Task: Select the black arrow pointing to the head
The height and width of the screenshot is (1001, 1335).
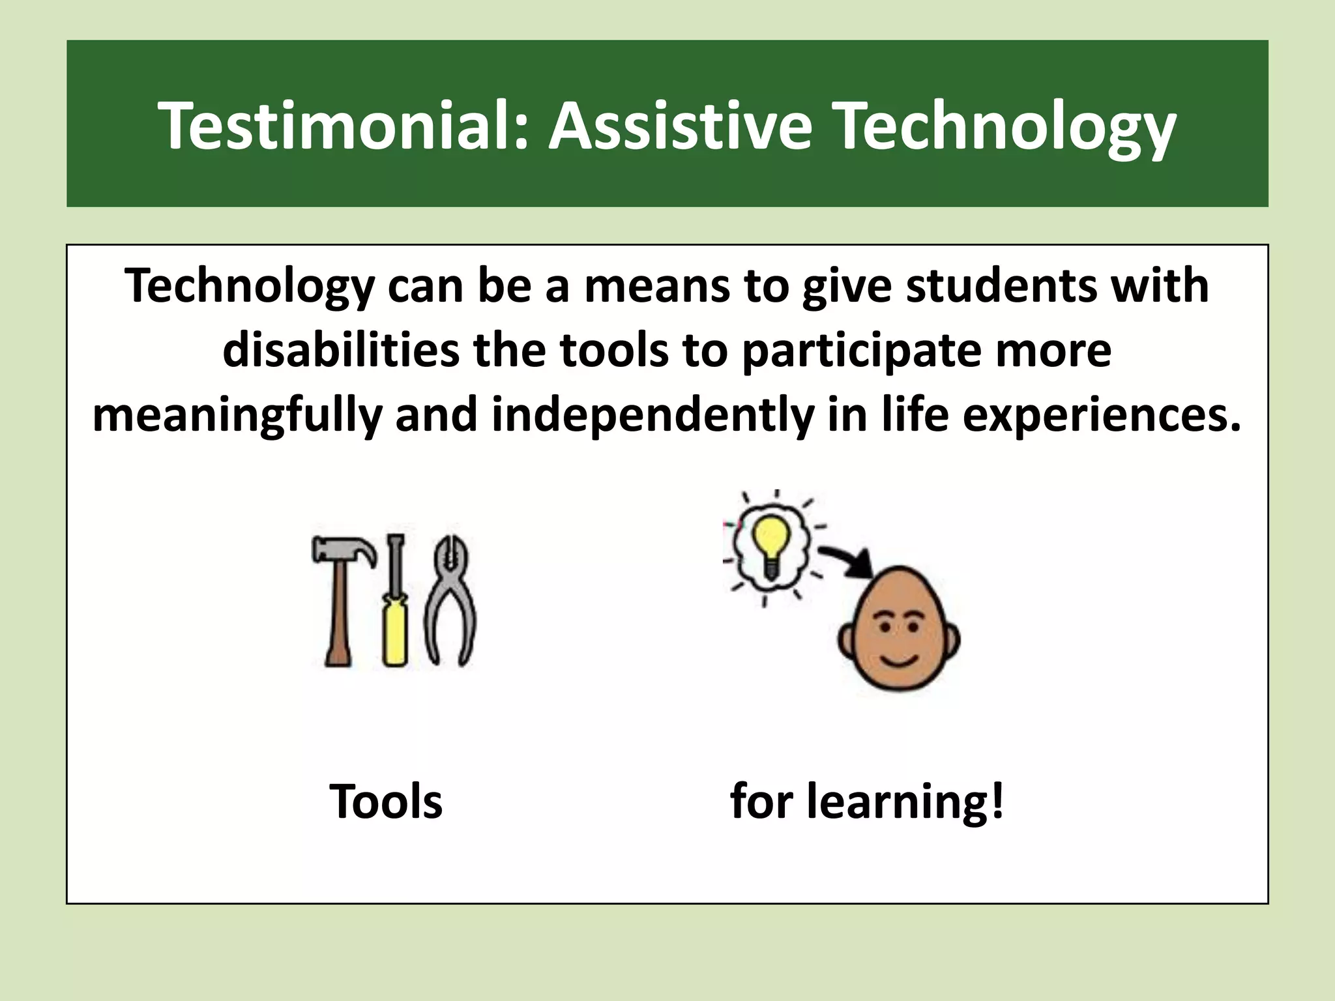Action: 847,560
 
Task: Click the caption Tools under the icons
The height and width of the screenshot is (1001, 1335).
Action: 386,801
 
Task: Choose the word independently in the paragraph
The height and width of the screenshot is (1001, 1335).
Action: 652,416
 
